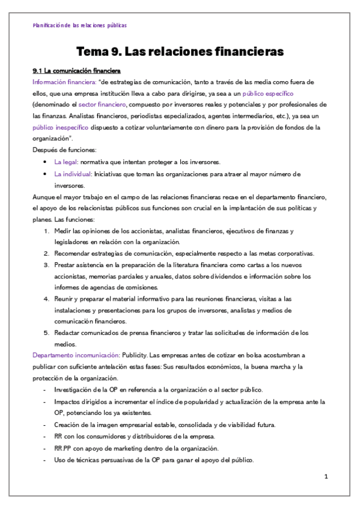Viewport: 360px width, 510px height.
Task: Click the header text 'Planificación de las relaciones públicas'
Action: pos(79,25)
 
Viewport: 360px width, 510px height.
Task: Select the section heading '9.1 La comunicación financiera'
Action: pos(76,71)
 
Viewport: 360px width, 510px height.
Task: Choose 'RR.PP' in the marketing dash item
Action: pos(64,449)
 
